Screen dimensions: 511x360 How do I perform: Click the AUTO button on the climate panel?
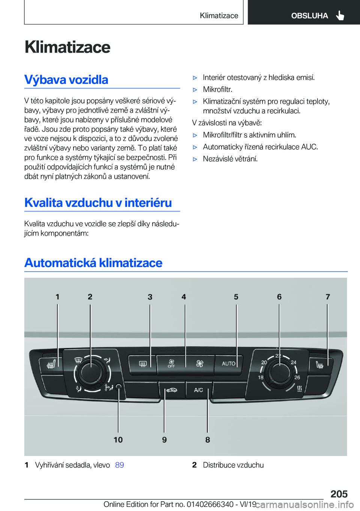[228, 364]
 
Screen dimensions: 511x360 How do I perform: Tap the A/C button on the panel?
[198, 390]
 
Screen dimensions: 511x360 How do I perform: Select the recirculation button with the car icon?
[172, 390]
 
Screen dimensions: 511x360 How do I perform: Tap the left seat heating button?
[51, 364]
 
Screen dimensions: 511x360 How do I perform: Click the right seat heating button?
[320, 364]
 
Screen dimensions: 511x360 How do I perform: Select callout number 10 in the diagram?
[118, 440]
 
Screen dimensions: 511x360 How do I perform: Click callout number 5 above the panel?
[236, 297]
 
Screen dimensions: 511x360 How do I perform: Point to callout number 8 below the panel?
[208, 440]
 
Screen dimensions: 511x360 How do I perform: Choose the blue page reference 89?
[120, 465]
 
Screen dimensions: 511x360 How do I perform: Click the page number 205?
[339, 494]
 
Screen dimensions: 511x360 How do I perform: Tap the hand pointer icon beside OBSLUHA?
[340, 15]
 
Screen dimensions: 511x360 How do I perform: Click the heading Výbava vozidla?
[66, 80]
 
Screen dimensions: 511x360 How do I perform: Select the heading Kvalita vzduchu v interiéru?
[98, 203]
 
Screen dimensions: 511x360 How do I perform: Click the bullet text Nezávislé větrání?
[230, 159]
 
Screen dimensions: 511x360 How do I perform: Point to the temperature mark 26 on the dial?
[297, 377]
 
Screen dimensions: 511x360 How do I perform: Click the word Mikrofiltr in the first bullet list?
[217, 89]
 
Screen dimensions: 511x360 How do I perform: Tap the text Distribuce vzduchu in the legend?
[233, 465]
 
